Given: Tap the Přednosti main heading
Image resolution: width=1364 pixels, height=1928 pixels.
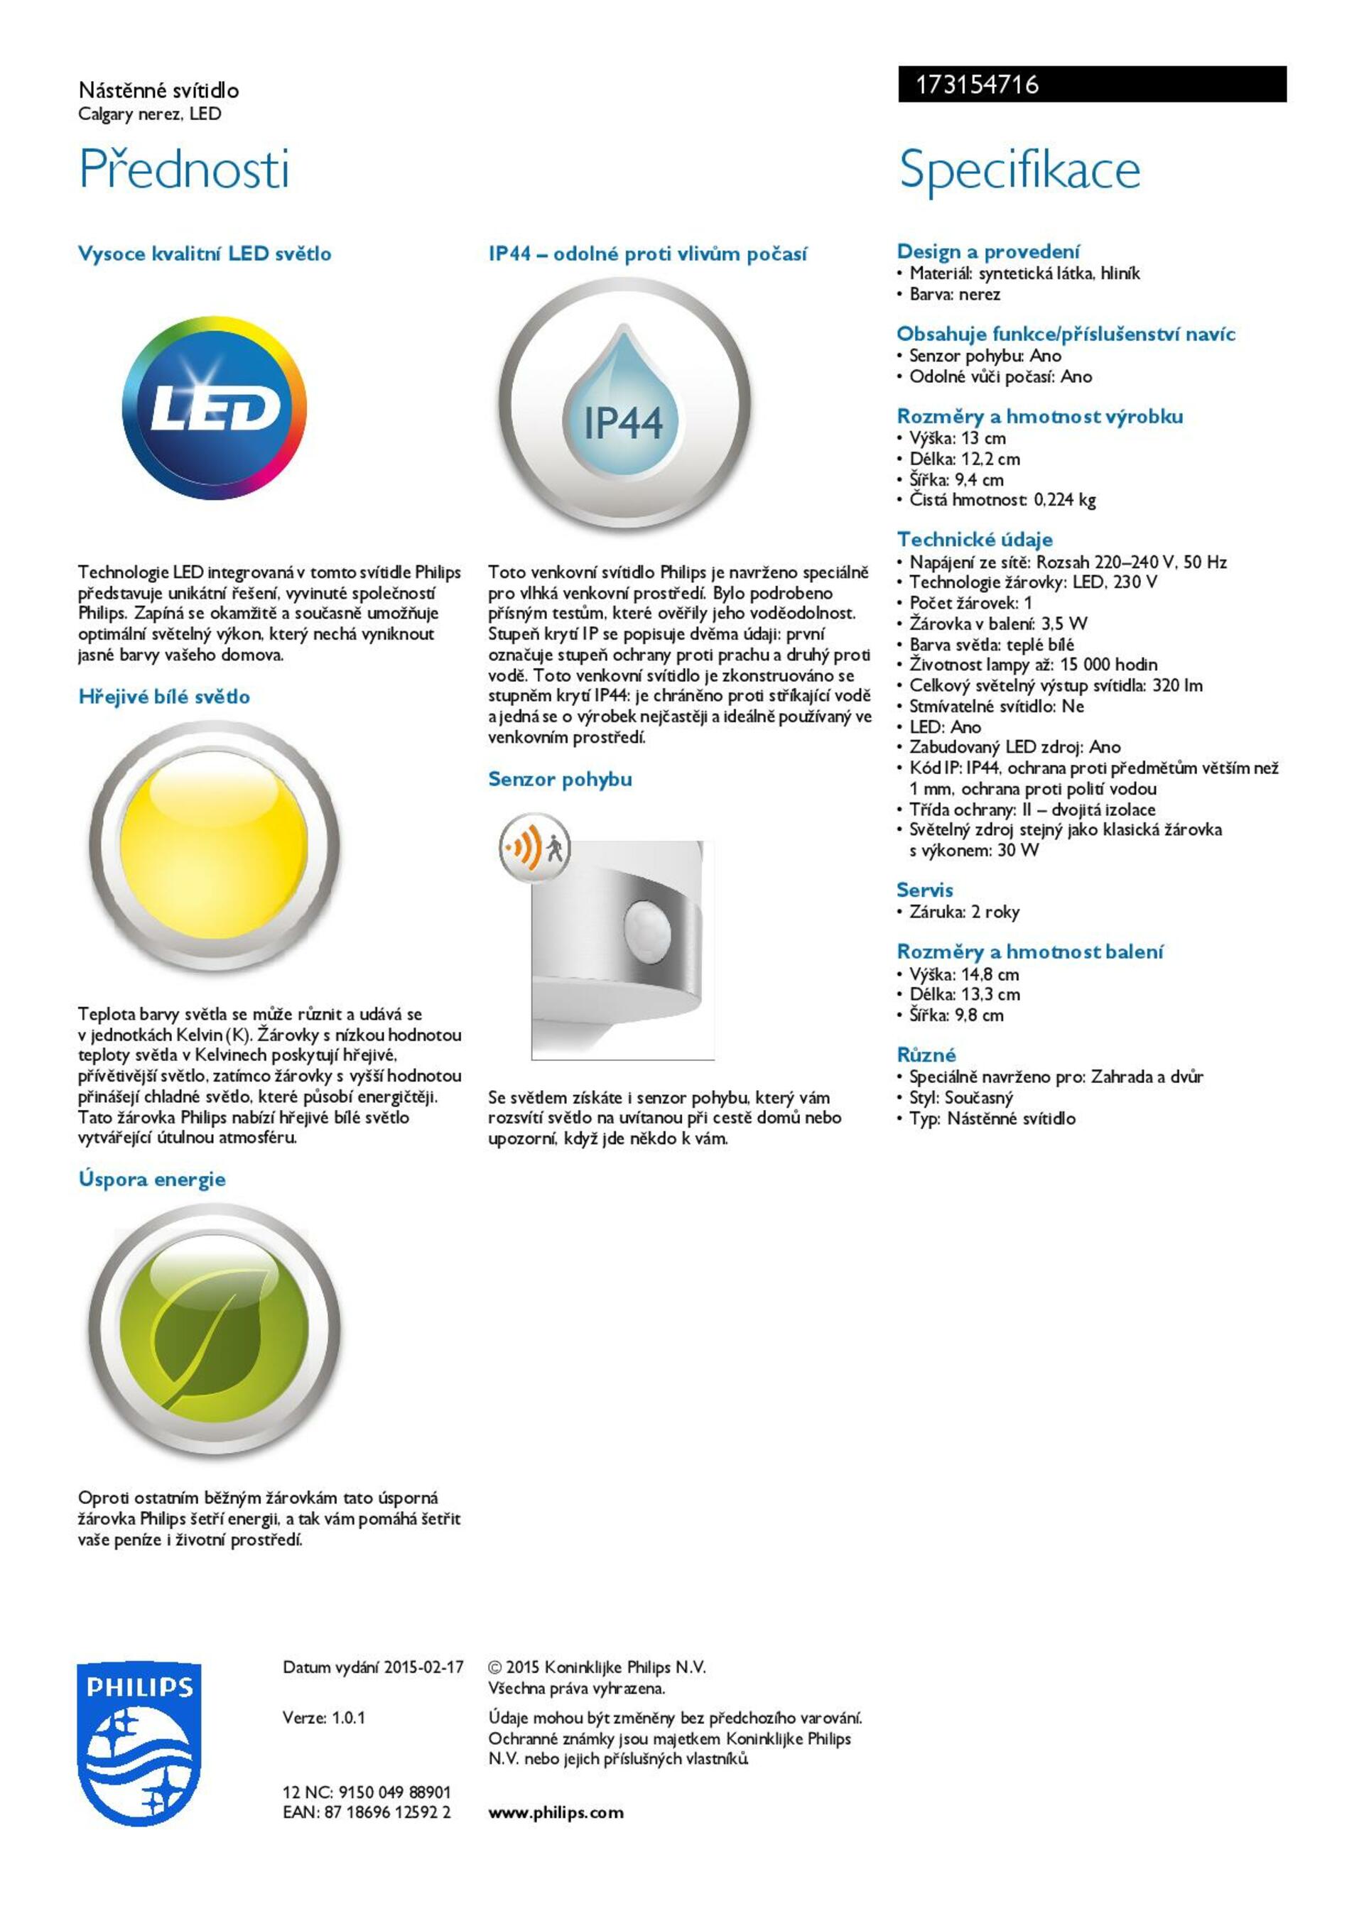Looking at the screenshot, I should [184, 169].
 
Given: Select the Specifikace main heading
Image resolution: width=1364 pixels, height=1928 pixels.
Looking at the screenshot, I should [1019, 169].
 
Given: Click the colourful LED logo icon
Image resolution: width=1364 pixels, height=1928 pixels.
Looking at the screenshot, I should [214, 408].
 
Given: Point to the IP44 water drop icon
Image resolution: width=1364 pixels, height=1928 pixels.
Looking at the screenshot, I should [624, 405].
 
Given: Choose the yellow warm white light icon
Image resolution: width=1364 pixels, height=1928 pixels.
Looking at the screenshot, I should [215, 847].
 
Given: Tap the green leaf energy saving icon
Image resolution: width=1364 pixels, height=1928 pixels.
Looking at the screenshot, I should [215, 1330].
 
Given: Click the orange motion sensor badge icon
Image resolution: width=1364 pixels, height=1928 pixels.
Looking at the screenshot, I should [535, 847].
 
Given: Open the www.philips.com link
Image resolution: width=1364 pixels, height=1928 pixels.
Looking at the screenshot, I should [556, 1812].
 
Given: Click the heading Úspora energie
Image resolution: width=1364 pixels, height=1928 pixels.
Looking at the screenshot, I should [152, 1179].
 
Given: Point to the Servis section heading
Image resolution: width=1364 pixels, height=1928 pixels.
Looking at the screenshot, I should [925, 890].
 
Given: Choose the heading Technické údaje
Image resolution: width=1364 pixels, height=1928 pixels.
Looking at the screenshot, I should [974, 540].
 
